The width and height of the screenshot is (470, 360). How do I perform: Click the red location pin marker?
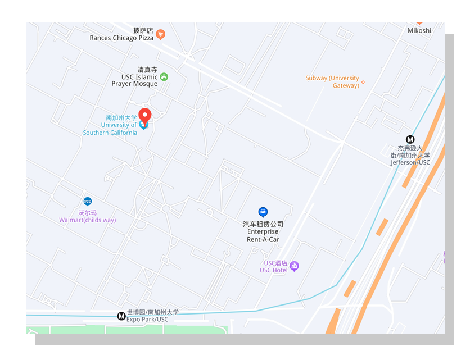click(145, 116)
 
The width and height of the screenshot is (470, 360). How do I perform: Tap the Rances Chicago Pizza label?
click(121, 38)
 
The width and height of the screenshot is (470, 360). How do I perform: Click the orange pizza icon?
click(160, 35)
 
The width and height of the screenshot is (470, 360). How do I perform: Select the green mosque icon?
click(164, 76)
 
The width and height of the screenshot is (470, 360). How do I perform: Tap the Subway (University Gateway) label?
click(332, 82)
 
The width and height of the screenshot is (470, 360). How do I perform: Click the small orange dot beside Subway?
click(363, 82)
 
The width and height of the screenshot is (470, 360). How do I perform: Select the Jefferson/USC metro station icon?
click(410, 140)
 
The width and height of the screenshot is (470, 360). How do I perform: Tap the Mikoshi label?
click(419, 30)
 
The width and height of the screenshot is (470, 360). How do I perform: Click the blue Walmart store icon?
click(87, 201)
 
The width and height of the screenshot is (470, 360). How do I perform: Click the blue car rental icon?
click(263, 212)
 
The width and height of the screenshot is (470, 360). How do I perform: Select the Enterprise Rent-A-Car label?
click(263, 236)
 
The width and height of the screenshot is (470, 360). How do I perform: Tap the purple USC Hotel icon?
click(294, 266)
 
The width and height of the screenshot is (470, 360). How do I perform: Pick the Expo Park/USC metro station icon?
click(121, 316)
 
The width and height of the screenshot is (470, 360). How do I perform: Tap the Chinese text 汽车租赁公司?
click(263, 224)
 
